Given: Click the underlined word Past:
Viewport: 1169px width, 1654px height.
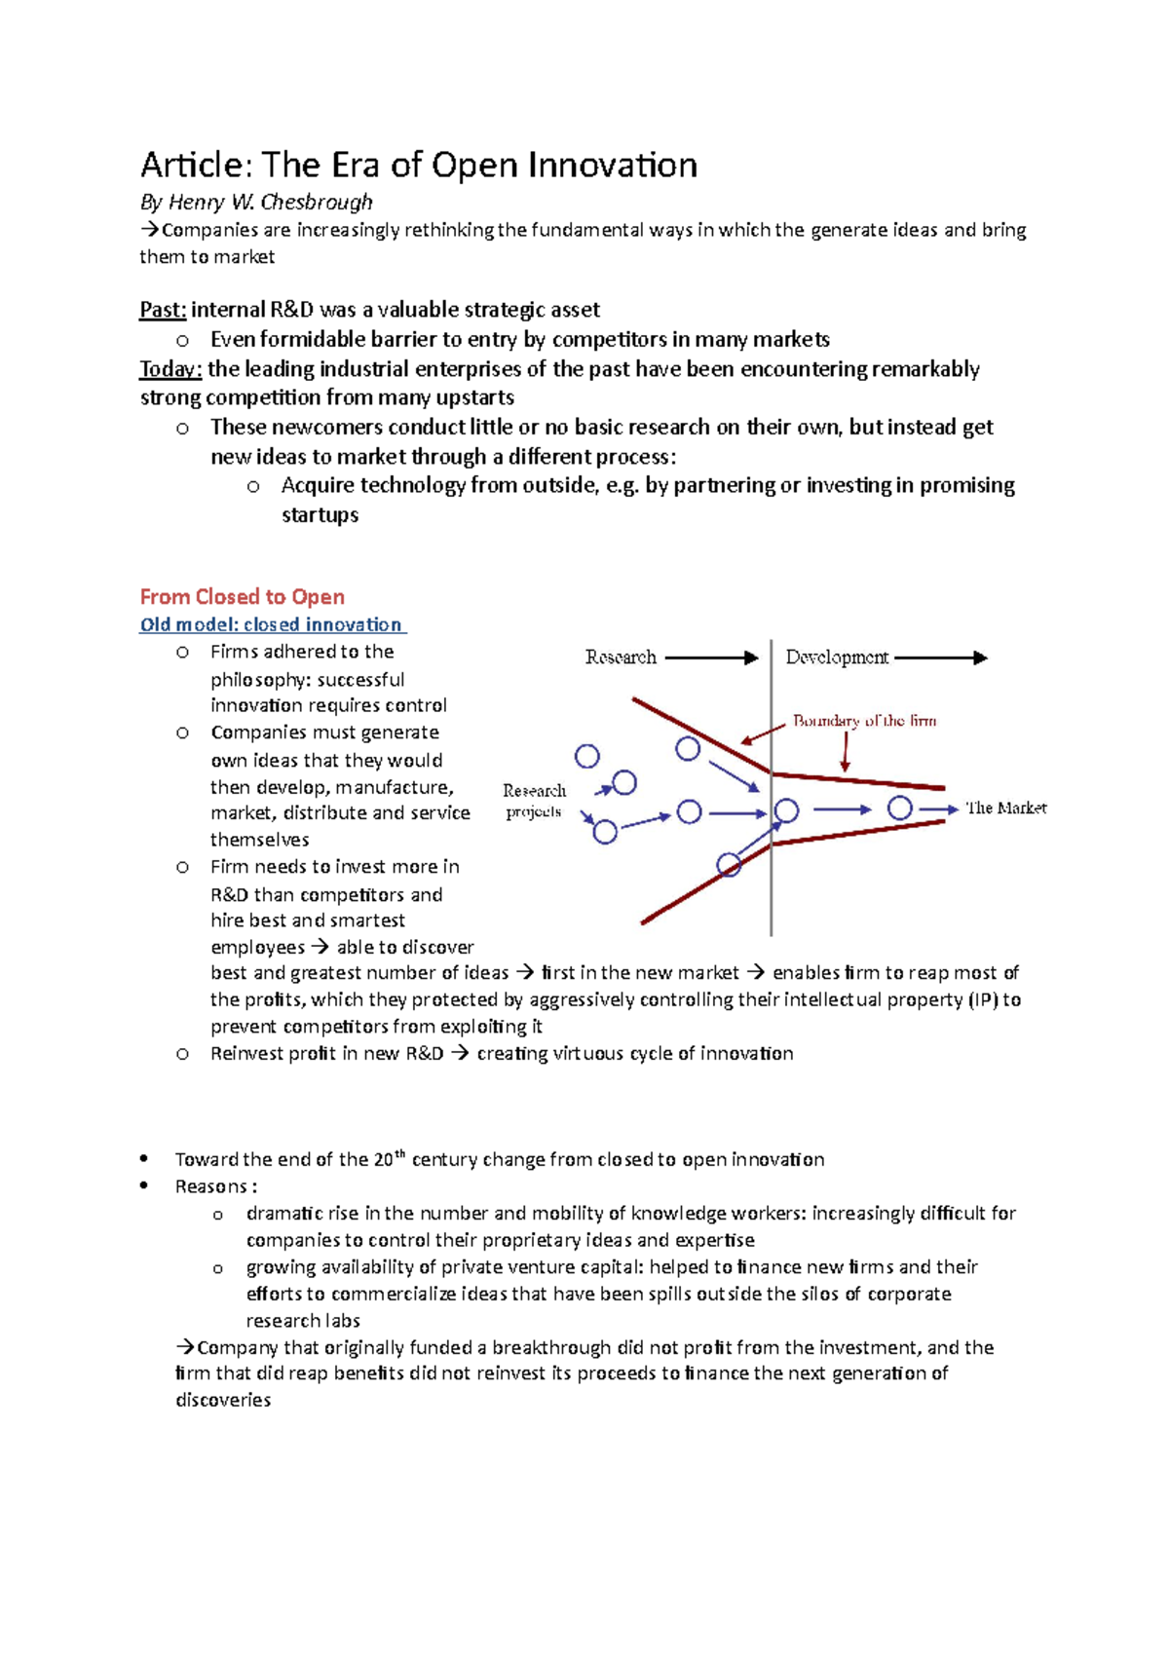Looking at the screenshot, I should pos(163,310).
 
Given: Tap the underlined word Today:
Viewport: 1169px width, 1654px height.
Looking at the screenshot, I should pos(170,369).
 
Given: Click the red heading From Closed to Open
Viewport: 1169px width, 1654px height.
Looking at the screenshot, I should pos(242,596).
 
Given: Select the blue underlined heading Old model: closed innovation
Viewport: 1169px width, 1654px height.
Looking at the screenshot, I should pos(271,624).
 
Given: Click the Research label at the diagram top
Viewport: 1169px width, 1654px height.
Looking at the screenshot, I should pos(621,658).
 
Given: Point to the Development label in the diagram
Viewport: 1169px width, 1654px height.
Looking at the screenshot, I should pos(837,658).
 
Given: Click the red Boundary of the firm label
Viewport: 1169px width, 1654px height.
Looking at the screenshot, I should pos(864,721).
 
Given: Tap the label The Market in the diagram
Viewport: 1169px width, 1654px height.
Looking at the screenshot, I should pos(1005,808).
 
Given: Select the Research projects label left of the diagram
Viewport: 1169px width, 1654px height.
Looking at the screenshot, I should pos(534,801).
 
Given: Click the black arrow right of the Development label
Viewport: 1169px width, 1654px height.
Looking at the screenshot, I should pos(940,658).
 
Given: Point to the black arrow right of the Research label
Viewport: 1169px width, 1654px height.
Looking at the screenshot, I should pos(711,658).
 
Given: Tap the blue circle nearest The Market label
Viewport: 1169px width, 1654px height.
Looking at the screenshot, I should pos(900,808).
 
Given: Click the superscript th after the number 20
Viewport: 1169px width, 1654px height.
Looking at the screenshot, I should pos(399,1153).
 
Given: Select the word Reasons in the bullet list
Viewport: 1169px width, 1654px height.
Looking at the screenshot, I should pos(211,1186).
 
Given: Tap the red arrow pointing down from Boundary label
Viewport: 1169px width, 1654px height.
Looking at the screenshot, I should pos(846,751).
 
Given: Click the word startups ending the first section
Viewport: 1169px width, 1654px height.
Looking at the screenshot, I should pos(320,515).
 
